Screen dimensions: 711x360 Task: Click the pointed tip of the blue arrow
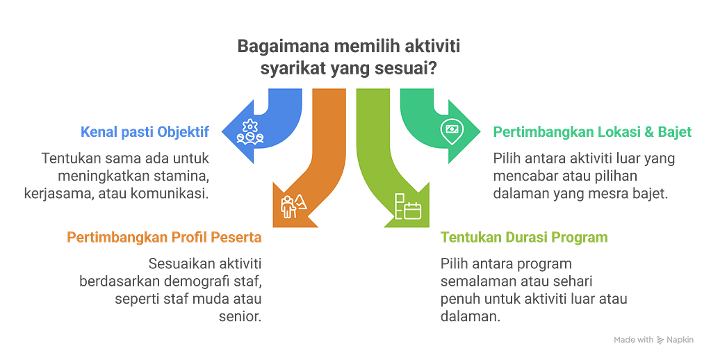222,132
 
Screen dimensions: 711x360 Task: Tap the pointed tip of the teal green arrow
480,132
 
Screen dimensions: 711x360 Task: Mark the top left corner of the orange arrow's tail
313,89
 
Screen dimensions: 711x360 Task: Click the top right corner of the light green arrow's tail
389,89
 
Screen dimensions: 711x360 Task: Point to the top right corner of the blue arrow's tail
302,89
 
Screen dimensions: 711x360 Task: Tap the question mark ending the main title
432,69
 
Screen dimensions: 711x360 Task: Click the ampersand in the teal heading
649,132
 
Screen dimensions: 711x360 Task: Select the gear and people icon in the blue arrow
250,132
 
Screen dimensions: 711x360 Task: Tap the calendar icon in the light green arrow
408,206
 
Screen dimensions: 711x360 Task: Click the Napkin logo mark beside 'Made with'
660,340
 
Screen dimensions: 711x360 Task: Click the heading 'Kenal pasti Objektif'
145,132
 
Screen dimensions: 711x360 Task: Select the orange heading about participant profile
164,237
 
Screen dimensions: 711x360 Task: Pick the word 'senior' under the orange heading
240,316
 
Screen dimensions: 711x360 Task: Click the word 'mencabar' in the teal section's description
523,175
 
